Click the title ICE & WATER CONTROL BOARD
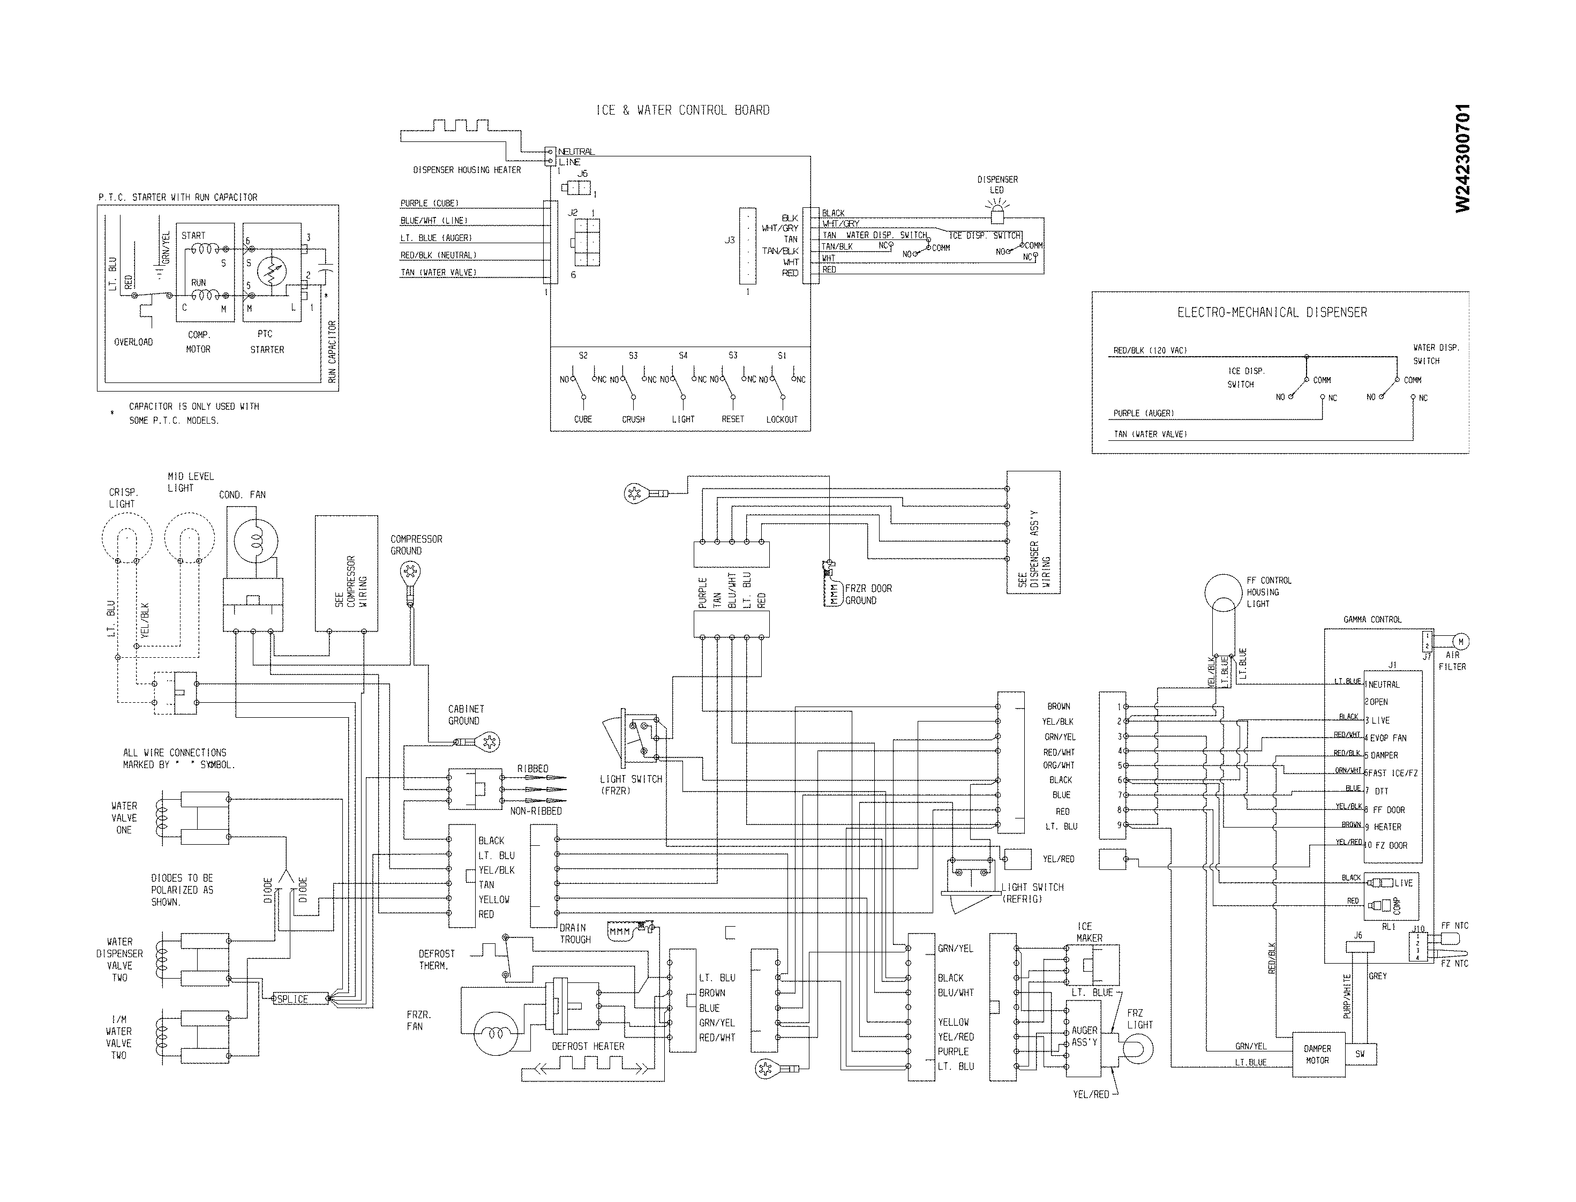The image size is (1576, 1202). (682, 110)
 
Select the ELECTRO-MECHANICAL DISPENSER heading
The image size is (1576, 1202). (1272, 313)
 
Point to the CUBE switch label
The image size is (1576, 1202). (582, 419)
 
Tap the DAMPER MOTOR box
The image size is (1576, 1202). (1317, 1055)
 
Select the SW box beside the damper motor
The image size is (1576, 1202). (1360, 1054)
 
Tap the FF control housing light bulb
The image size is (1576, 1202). (1224, 594)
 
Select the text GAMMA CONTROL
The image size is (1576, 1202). (1372, 620)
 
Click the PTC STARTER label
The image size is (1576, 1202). (267, 342)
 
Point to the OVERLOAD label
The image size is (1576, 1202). (134, 342)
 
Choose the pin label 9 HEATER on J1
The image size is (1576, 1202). (1386, 827)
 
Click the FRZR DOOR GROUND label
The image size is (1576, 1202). (868, 595)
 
